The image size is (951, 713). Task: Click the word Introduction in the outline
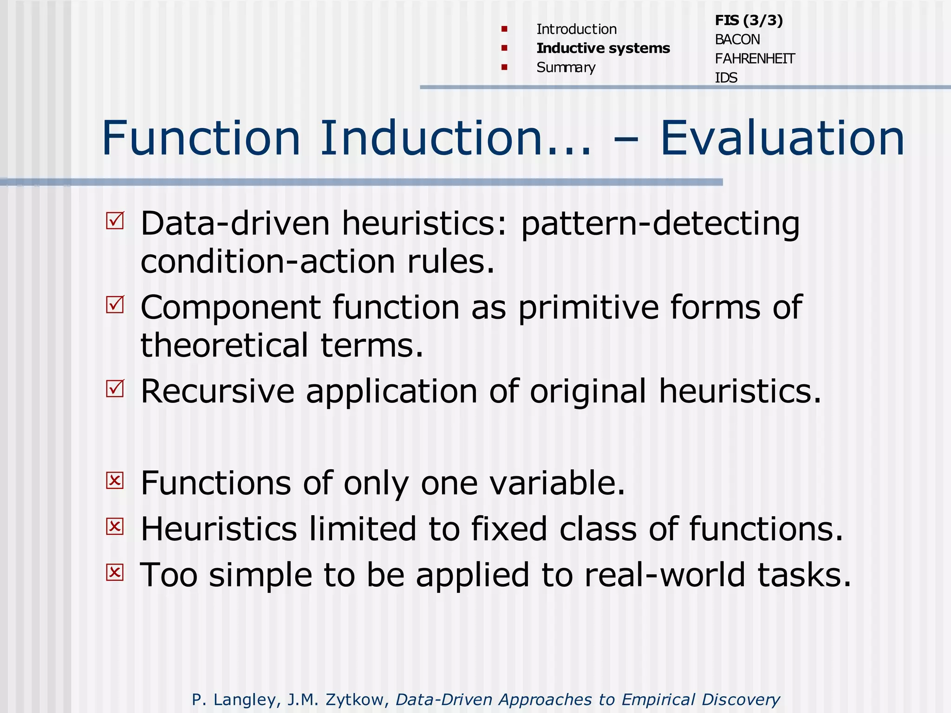[x=576, y=29]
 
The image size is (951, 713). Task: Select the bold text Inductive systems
[x=603, y=48]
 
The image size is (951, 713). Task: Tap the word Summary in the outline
[x=566, y=68]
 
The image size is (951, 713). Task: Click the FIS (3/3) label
[x=749, y=20]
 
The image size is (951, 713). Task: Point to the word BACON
[x=737, y=40]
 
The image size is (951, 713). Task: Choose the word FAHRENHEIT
[x=755, y=59]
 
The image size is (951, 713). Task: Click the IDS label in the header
[x=726, y=78]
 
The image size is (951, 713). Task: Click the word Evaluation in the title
[x=782, y=138]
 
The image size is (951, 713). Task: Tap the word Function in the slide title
[x=201, y=138]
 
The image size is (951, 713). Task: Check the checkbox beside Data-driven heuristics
[x=115, y=220]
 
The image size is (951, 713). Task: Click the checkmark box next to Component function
[x=115, y=305]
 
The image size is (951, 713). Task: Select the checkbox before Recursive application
[x=115, y=389]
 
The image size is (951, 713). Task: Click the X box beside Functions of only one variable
[x=115, y=480]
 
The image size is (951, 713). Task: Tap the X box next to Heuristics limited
[x=115, y=526]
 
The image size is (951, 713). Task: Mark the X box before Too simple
[x=115, y=572]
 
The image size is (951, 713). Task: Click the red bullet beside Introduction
[x=504, y=29]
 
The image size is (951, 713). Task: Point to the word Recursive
[x=217, y=391]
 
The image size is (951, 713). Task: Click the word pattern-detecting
[x=660, y=224]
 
